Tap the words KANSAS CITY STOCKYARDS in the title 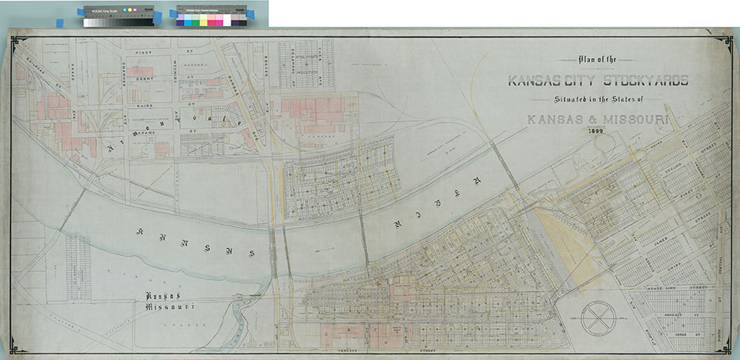pos(598,80)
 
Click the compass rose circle pos(603,317)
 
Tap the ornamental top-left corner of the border pos(18,42)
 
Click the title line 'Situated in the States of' pos(598,101)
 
